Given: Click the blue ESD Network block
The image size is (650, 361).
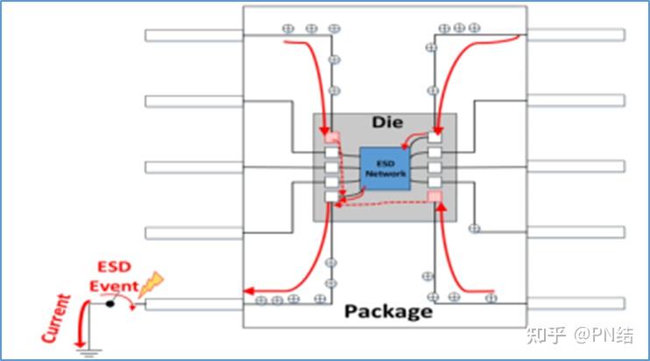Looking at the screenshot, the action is point(385,169).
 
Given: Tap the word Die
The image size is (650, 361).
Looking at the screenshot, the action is point(387,122).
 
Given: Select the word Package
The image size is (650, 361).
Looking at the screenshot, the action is point(388,312).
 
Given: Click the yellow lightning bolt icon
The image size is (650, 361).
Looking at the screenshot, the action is point(151,284).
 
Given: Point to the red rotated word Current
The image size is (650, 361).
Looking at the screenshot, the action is point(56,318).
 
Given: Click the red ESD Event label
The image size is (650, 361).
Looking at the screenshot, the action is point(114,277).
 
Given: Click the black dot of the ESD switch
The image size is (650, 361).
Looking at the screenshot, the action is point(110,304).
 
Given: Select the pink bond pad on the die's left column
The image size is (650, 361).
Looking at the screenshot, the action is point(332,138).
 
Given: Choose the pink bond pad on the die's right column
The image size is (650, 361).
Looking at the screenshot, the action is point(435,196).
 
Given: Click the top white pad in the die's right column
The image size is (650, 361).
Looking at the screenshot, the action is point(435,138).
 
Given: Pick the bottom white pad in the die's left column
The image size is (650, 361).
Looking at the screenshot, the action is point(332,197).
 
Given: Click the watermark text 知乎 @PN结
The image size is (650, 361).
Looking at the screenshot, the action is point(580,336).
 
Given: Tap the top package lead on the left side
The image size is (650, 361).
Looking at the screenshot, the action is point(194,36).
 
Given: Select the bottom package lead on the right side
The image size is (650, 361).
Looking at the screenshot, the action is point(576,303).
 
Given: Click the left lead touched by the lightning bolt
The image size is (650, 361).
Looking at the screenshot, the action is point(194,304).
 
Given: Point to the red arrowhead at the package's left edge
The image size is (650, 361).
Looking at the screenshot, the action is point(249,292).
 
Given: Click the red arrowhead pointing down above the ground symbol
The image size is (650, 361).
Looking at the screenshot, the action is point(80,343).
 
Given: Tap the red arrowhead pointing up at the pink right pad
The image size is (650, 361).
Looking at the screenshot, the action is point(442,207).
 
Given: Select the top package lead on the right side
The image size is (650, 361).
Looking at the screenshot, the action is point(576,35).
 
